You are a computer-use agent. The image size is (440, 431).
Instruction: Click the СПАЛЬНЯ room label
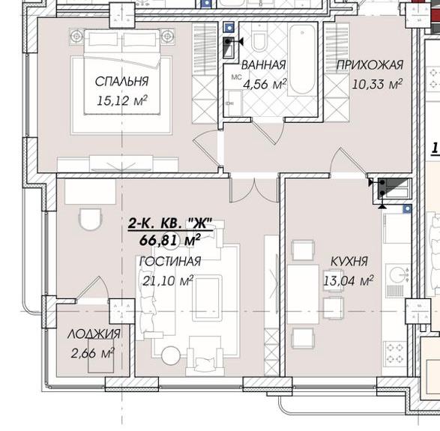[121, 81]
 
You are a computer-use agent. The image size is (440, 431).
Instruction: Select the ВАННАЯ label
[265, 65]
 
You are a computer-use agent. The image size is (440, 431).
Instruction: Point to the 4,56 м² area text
[265, 84]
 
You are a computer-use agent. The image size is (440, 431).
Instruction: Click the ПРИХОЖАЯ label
[370, 65]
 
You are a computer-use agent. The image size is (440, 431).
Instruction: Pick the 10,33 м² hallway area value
[377, 84]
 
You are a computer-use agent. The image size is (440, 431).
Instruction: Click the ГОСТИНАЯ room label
[170, 262]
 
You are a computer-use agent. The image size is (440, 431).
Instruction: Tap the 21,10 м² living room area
[168, 280]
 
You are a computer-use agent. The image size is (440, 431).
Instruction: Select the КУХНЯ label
[349, 262]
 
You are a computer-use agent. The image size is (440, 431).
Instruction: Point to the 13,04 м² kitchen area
[348, 281]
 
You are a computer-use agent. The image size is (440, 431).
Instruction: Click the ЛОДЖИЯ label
[94, 334]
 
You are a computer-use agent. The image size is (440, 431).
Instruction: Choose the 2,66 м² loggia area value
[91, 352]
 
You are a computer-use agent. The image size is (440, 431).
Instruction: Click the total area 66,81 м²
[169, 240]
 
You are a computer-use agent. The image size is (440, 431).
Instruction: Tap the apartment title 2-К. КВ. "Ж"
[171, 223]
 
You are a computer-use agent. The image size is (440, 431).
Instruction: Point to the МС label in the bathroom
[235, 77]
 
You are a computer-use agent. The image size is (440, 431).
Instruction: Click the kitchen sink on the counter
[395, 274]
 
